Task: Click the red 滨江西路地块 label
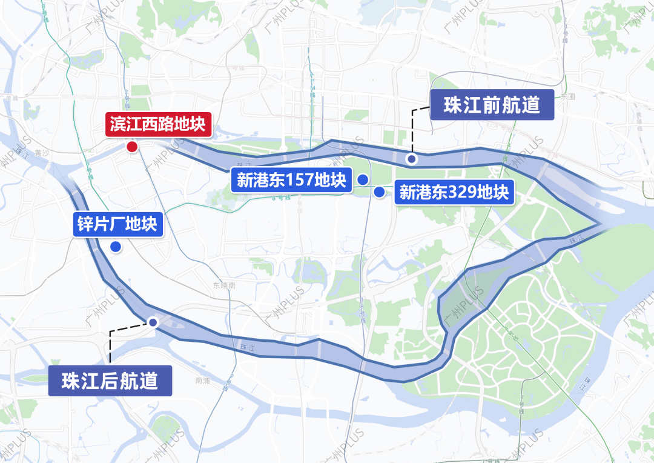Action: click(159, 125)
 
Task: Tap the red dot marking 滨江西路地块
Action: click(131, 147)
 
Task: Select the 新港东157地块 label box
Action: click(291, 181)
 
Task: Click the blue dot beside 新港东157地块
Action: click(363, 179)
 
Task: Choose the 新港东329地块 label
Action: click(454, 193)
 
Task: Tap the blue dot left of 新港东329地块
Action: click(379, 192)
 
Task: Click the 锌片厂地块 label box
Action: click(117, 224)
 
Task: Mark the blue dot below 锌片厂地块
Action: click(115, 247)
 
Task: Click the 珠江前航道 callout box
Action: click(492, 105)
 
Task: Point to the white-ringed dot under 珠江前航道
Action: click(412, 159)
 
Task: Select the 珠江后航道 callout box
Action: click(110, 381)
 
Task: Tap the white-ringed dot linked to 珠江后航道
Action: click(153, 322)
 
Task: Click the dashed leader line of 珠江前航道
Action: click(412, 130)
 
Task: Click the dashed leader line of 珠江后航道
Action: click(110, 345)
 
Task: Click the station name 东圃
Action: click(567, 96)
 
